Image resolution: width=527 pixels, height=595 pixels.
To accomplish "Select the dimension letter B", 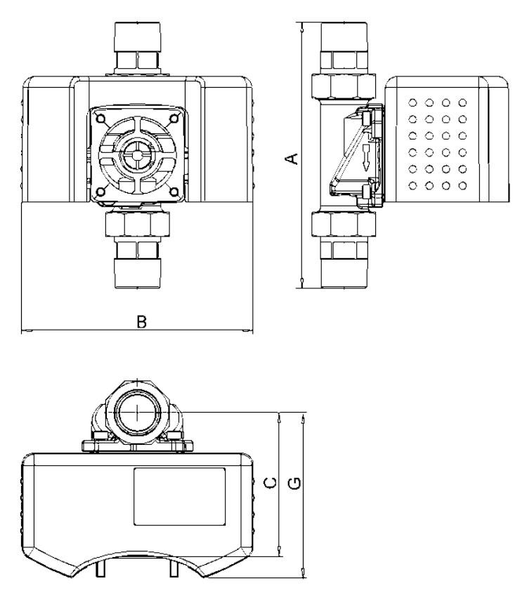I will pos(141,321).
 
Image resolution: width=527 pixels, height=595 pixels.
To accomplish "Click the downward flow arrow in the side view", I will pos(365,159).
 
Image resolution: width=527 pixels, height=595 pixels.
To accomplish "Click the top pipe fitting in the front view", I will pos(136,46).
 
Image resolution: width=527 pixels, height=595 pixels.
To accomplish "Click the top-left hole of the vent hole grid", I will pos(412,102).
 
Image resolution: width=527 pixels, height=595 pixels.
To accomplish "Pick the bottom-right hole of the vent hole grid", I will pos(462,186).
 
